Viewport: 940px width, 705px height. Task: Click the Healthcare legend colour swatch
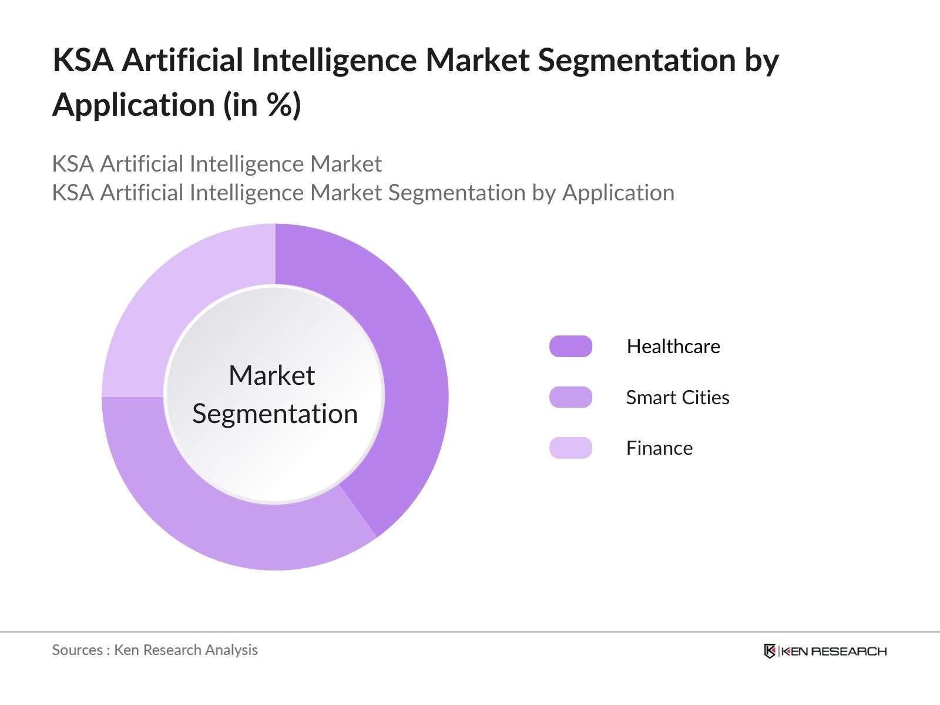pos(570,347)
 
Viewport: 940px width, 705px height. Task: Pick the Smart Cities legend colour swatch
pos(570,397)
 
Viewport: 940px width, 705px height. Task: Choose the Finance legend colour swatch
pos(570,448)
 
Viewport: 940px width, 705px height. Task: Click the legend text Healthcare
pos(673,347)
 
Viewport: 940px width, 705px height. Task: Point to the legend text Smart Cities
pos(677,398)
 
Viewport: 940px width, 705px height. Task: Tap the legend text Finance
pos(659,448)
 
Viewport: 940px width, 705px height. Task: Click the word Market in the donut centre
pos(271,375)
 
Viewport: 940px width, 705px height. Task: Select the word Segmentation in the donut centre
pos(275,414)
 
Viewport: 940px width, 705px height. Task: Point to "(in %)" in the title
pos(262,105)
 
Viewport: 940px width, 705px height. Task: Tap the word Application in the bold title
pos(134,105)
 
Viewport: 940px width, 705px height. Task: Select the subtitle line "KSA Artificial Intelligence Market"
pos(217,164)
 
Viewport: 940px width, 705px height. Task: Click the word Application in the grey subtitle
pos(618,193)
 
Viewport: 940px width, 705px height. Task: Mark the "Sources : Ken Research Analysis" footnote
pos(155,650)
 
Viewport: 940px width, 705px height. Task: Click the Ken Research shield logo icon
pos(770,651)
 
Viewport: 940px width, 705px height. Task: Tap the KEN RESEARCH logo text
pos(834,651)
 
